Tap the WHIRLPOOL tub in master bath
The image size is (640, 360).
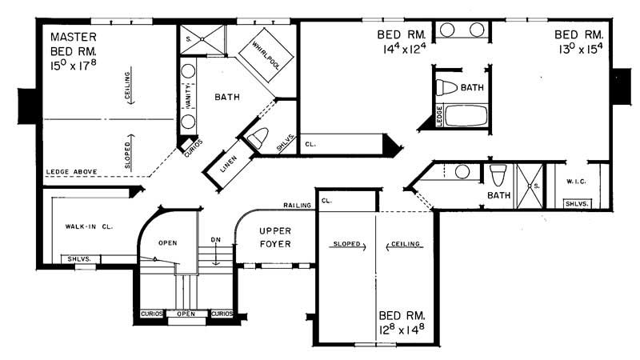263,54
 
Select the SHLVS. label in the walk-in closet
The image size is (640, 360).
78,258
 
